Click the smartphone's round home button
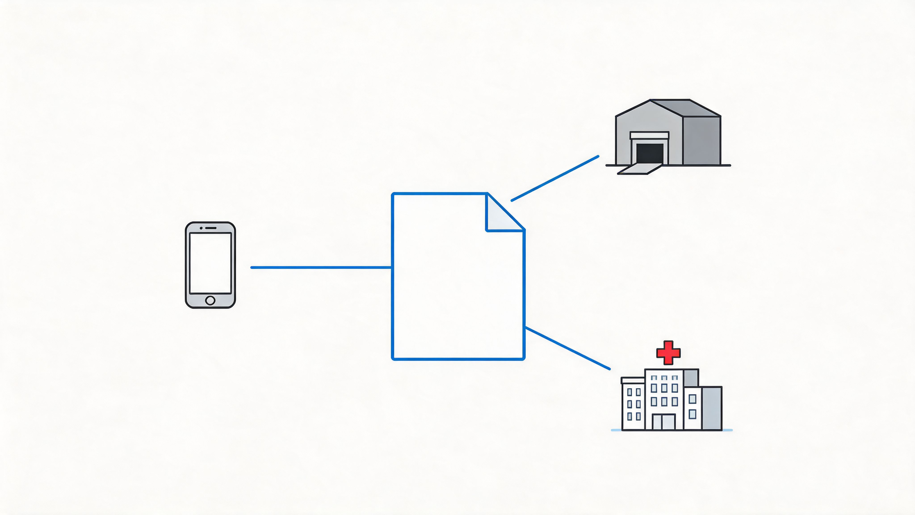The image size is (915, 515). (x=210, y=300)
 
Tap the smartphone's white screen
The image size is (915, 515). (x=210, y=263)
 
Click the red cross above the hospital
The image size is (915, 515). (x=668, y=352)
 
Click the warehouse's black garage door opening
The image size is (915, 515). (x=650, y=153)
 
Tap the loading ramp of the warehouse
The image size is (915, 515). (x=639, y=169)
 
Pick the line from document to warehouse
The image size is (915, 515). (x=555, y=178)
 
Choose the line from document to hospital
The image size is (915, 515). (x=568, y=348)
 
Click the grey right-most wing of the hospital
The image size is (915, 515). (x=711, y=409)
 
